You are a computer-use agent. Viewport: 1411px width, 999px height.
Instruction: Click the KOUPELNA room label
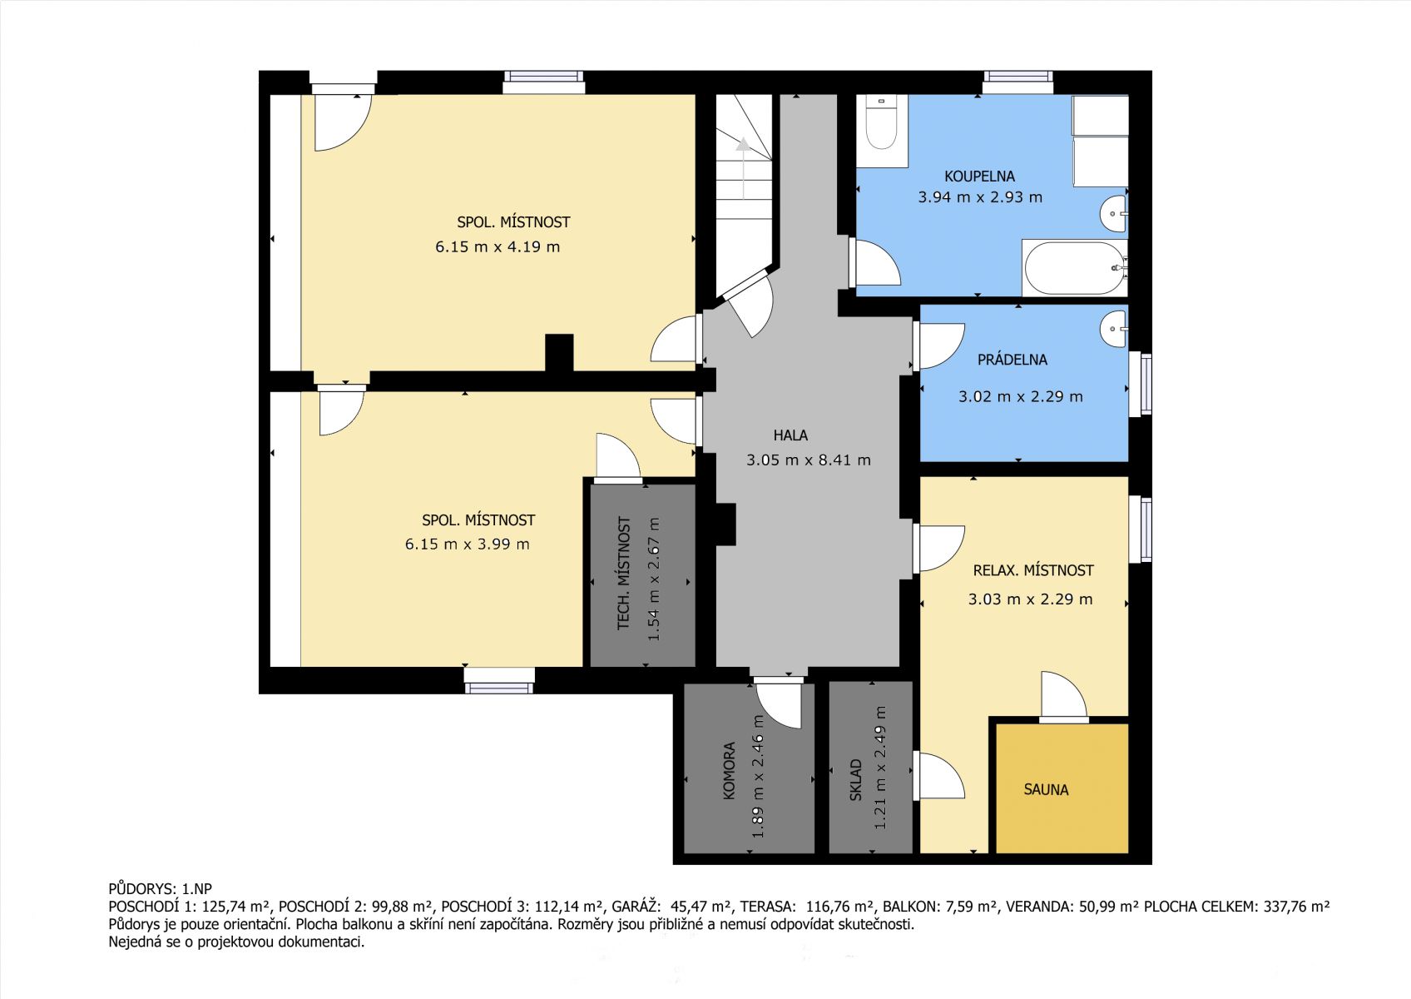(979, 176)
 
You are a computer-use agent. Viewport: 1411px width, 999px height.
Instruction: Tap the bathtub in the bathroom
(1075, 268)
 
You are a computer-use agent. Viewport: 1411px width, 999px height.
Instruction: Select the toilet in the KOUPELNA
(881, 123)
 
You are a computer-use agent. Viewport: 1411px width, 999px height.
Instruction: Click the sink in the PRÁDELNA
(1114, 328)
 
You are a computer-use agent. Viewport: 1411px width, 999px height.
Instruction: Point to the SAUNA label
(1046, 790)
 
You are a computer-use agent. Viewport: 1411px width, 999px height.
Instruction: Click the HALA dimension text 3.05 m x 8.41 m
(808, 460)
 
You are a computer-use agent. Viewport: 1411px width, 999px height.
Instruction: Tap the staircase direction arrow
(744, 167)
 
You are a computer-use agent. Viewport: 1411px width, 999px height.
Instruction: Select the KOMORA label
(729, 771)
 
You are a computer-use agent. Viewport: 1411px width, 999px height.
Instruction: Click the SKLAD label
(855, 780)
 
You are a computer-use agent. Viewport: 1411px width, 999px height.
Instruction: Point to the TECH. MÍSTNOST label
(624, 573)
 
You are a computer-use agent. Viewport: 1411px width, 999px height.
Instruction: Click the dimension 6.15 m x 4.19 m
(498, 246)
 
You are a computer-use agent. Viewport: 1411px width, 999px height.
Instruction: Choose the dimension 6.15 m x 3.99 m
(467, 544)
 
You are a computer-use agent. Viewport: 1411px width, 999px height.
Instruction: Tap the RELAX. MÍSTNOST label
(1033, 570)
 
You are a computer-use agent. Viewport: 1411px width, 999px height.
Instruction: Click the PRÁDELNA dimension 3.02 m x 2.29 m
(1021, 396)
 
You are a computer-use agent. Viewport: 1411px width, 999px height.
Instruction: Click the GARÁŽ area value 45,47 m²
(701, 907)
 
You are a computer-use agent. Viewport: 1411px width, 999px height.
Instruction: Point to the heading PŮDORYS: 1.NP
(160, 889)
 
